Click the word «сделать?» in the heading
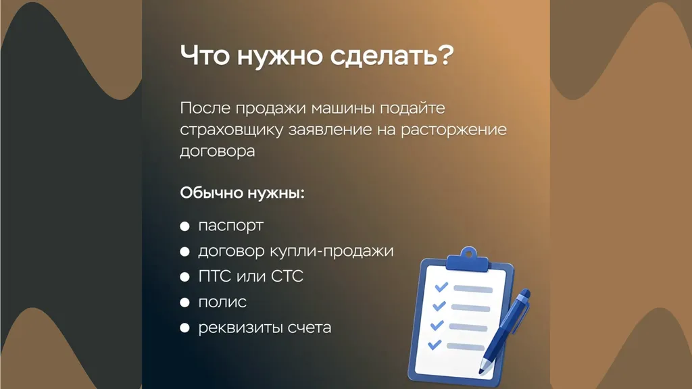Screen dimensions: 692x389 (x=392, y=56)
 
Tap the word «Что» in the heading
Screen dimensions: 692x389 (x=205, y=55)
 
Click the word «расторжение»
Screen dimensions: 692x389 (x=453, y=130)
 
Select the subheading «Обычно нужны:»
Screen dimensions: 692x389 (x=243, y=192)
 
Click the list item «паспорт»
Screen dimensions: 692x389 (x=231, y=226)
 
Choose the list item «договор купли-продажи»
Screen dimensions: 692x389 (x=296, y=251)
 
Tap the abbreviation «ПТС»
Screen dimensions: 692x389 (x=215, y=276)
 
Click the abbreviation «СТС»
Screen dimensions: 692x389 (x=287, y=276)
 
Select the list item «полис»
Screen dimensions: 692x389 (x=222, y=302)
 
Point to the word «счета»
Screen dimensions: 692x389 (x=310, y=328)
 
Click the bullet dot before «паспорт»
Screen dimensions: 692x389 (x=184, y=226)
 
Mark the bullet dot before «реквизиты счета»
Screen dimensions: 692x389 (x=184, y=328)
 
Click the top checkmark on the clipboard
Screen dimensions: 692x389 (x=441, y=287)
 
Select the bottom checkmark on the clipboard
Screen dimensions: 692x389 (x=435, y=344)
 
